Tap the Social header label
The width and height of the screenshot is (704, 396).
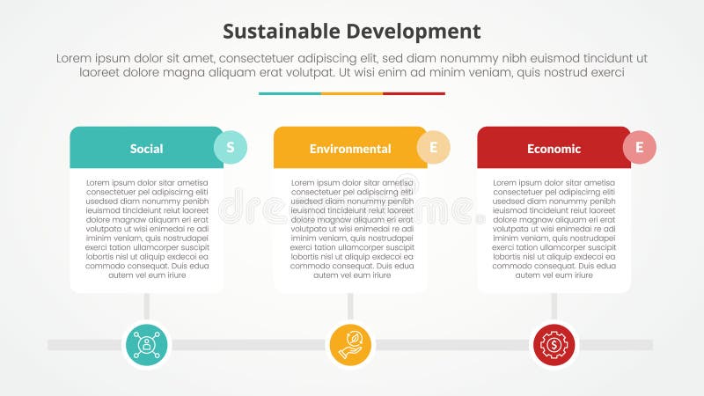(146, 149)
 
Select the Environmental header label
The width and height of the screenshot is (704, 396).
(350, 149)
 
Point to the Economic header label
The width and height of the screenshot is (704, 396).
(554, 149)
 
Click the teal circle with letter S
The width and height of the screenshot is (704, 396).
(231, 147)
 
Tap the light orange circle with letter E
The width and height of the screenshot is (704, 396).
(434, 147)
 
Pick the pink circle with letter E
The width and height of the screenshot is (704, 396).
(640, 147)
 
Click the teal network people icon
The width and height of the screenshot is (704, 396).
(146, 344)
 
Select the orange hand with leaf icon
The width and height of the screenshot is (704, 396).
(350, 344)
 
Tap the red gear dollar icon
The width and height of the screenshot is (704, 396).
(554, 344)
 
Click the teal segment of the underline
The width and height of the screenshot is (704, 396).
(290, 93)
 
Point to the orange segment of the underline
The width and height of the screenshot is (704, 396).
(352, 93)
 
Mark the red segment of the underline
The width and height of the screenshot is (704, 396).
(414, 93)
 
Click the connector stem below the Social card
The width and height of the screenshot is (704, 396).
(146, 305)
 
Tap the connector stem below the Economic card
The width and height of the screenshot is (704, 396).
(554, 305)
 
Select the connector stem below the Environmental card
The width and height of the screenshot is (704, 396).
(350, 305)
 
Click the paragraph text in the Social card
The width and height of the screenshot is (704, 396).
(146, 229)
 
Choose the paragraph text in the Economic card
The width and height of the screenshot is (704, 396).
(554, 229)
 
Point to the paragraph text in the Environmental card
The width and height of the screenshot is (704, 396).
(350, 229)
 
